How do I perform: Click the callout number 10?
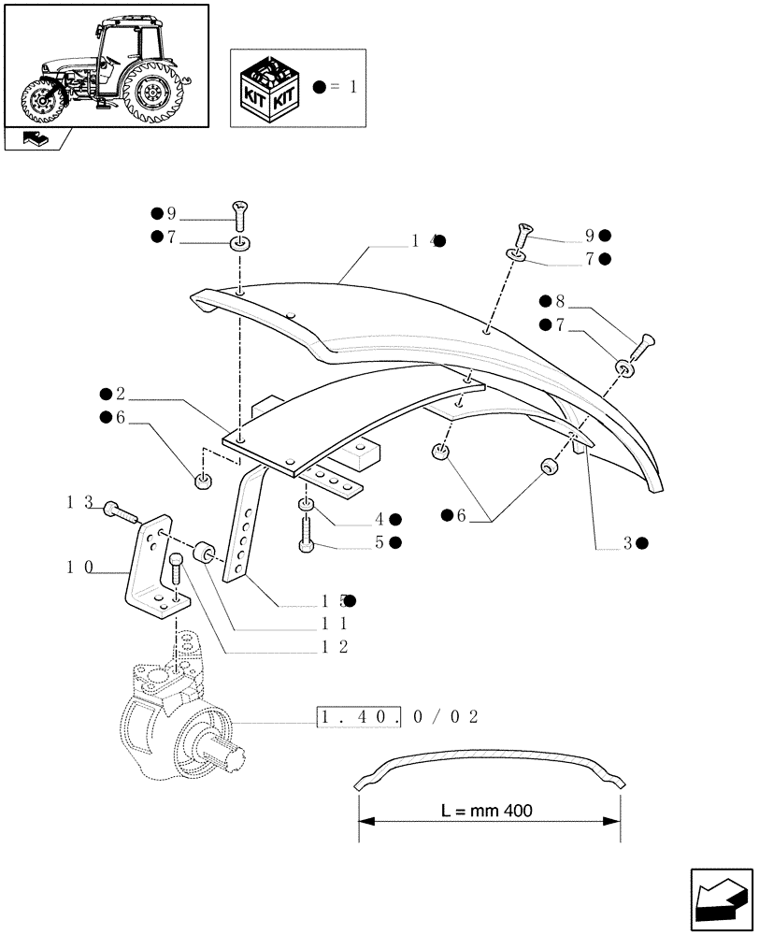(x=79, y=567)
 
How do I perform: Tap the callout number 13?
(x=79, y=504)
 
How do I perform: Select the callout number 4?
(x=379, y=519)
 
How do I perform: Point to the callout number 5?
(x=379, y=542)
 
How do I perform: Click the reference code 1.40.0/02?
(x=399, y=717)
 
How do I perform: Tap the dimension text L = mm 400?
(x=487, y=811)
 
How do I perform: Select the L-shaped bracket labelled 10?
(x=151, y=570)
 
